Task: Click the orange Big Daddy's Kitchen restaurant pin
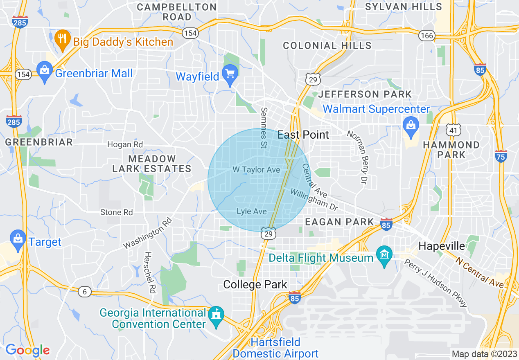(62, 40)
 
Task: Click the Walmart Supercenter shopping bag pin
(410, 124)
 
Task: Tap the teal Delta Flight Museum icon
(384, 256)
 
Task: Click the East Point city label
(303, 135)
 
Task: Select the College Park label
(255, 285)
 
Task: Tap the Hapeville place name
(442, 246)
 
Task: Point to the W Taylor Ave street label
(256, 169)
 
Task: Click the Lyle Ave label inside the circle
(252, 211)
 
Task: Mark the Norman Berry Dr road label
(356, 156)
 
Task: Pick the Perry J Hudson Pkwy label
(436, 283)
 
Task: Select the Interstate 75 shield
(501, 156)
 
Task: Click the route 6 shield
(84, 292)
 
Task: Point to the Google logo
(27, 350)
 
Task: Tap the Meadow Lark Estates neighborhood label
(152, 164)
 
